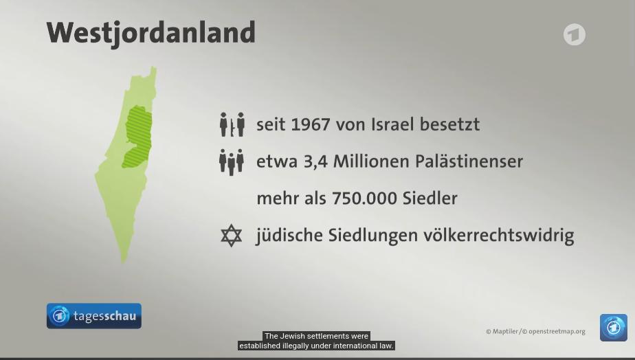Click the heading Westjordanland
tap(151, 32)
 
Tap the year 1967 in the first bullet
tap(311, 124)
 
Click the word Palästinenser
tap(469, 161)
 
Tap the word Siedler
tap(430, 198)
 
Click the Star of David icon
tap(231, 235)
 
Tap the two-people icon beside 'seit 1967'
tap(232, 124)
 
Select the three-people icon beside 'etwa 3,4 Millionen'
tap(231, 162)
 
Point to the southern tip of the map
tap(124, 262)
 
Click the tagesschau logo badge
tap(94, 316)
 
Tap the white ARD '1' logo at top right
tap(575, 34)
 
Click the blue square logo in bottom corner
tap(614, 328)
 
